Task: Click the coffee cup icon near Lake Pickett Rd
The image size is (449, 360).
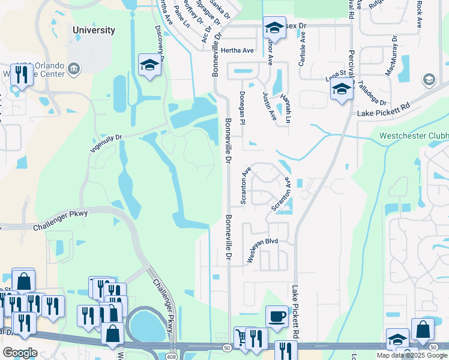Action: tap(277, 316)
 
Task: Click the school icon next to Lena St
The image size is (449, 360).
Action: tap(341, 90)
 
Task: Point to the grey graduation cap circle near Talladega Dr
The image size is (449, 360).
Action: tap(429, 80)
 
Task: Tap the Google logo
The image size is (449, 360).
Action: tap(20, 352)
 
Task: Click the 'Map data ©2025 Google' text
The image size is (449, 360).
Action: tap(411, 355)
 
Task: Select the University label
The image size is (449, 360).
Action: tap(93, 30)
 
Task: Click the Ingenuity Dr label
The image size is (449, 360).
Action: tap(106, 145)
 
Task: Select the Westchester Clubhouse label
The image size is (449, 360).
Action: tap(414, 136)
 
